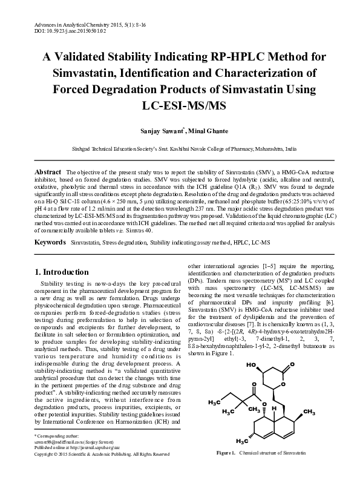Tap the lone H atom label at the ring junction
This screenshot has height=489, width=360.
coord(274,409)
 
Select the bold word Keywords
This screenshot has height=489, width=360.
coord(50,241)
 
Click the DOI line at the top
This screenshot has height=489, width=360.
coord(58,28)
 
